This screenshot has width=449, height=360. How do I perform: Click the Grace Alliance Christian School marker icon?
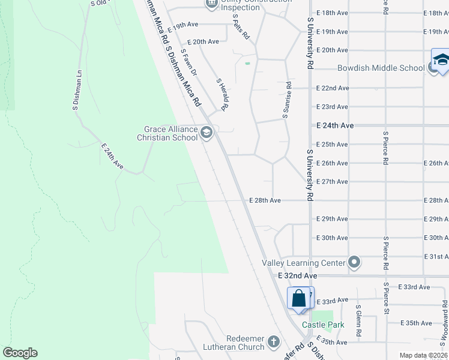coord(207,133)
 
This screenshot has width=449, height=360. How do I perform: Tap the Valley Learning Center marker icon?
coord(354,263)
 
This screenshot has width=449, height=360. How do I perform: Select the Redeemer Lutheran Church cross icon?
coord(273,342)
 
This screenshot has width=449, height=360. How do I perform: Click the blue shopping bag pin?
coord(299,299)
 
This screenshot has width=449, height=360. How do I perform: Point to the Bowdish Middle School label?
coord(381,68)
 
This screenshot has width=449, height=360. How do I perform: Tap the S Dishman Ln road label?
coord(77,92)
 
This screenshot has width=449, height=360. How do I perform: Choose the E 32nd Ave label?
coord(297,275)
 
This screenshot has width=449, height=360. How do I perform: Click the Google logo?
coord(20,353)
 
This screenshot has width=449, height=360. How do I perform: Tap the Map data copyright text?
coord(423,355)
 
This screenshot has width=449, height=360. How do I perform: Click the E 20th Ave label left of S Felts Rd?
coord(203,42)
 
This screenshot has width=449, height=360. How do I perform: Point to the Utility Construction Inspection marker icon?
coord(211,4)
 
